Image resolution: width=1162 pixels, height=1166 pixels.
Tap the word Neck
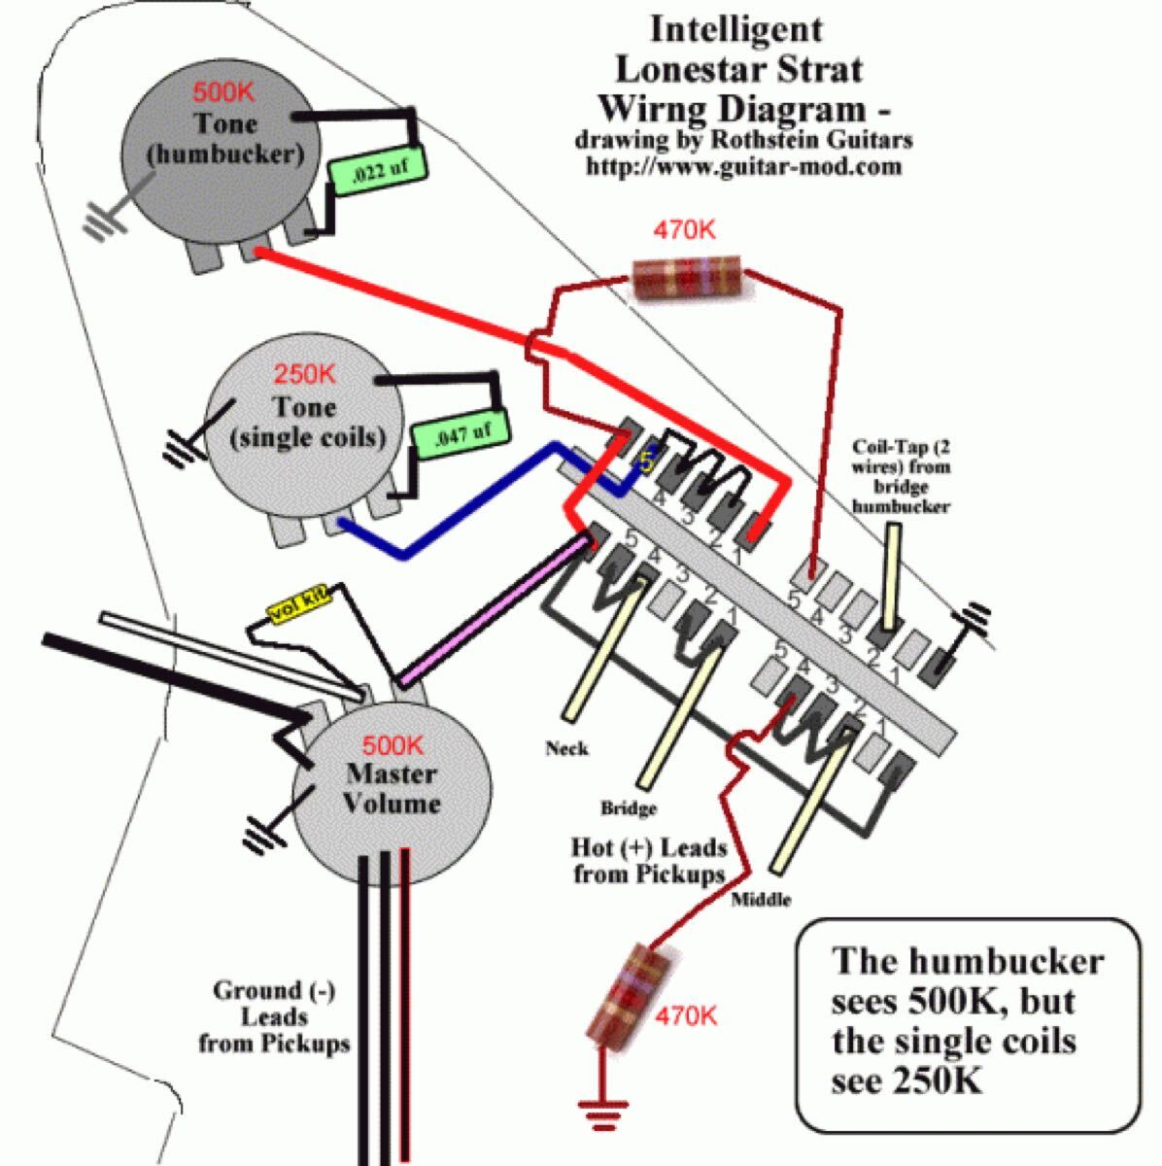tap(567, 748)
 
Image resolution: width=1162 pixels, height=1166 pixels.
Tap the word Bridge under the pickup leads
tap(629, 807)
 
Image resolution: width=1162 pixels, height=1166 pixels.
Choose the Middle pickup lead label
tap(761, 899)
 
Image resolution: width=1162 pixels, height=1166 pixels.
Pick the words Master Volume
tap(393, 789)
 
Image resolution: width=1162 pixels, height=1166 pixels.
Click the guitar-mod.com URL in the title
tap(743, 166)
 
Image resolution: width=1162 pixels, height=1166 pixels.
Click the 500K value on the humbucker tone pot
tap(224, 94)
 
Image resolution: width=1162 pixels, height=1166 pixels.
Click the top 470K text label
tap(684, 230)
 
